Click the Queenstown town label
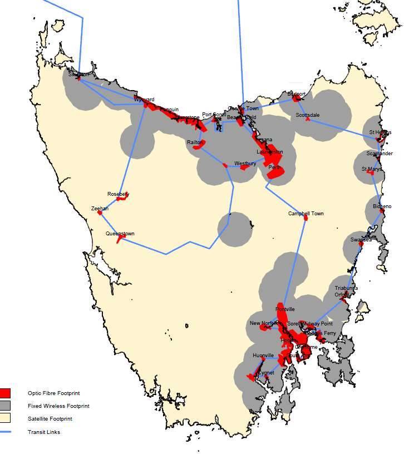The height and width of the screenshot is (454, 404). pos(120,234)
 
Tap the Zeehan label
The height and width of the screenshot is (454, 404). pos(100,208)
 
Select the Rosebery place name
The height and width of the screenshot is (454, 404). pos(118,194)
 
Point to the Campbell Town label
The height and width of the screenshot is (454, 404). pos(306,214)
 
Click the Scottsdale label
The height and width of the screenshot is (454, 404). pos(308,115)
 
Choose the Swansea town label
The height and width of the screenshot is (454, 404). pos(361,239)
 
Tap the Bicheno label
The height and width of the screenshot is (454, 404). pos(382,206)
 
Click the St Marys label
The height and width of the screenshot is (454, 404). pos(371,169)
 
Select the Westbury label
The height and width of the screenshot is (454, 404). pos(245,164)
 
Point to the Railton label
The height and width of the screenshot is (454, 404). pos(195,142)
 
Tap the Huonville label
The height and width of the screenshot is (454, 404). pos(263,355)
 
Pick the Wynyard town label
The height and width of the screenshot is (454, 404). pos(144,100)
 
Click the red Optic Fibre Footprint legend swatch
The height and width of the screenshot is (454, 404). pos(6,393)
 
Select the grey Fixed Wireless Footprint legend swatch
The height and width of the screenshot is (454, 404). pos(6,406)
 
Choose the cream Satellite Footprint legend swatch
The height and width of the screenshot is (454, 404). pos(6,418)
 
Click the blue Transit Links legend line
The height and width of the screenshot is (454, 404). pos(6,432)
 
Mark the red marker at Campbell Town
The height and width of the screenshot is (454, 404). pos(306,218)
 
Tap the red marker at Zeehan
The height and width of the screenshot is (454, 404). pos(100,213)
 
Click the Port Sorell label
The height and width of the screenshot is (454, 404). pos(214,115)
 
